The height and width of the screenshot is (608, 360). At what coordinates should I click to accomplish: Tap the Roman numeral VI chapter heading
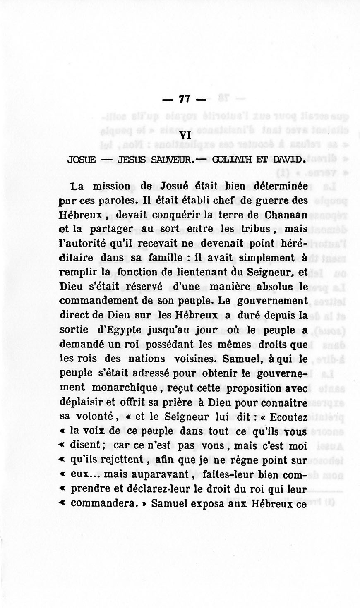[186, 136]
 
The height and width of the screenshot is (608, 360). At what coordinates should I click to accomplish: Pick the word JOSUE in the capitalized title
[82, 159]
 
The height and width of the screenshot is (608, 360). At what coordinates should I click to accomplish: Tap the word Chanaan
[286, 215]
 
